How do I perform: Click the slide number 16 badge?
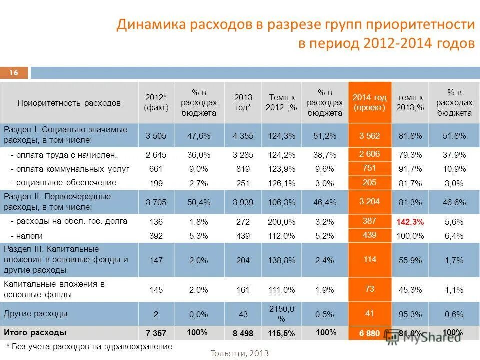click(14, 73)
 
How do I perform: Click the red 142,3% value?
click(410, 222)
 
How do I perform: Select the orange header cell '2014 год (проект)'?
click(370, 102)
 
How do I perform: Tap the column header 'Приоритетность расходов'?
click(69, 103)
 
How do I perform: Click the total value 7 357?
click(156, 333)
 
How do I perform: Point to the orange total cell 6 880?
click(370, 333)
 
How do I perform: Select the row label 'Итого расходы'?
click(35, 332)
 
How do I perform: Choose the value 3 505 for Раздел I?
click(156, 135)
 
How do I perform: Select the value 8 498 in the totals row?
click(243, 333)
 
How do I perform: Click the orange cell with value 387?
click(370, 220)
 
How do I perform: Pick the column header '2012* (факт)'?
click(156, 102)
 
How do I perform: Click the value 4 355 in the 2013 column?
click(243, 135)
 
